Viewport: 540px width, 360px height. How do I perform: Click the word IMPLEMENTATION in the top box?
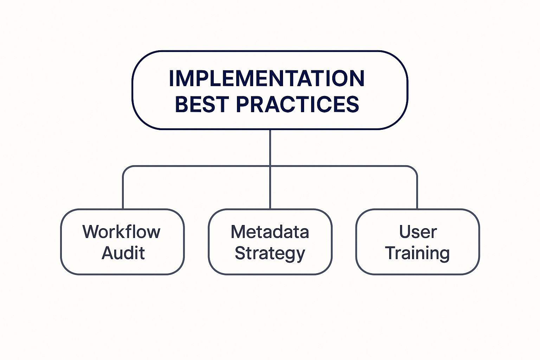coord(266,78)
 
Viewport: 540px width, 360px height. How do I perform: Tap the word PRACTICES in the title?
coord(297,104)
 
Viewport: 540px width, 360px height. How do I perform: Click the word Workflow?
coord(121,232)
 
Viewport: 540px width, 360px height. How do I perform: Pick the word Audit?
coord(123,253)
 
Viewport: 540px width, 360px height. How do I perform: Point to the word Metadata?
coord(270,232)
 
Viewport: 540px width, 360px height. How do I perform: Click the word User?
coord(418,232)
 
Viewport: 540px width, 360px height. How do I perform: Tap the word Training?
coord(417,253)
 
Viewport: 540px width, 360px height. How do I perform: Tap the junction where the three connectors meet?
coord(270,166)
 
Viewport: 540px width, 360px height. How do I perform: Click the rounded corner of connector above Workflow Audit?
coord(125,168)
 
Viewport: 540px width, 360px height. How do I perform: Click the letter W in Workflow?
coord(90,232)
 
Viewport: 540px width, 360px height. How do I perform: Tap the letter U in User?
coord(404,232)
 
